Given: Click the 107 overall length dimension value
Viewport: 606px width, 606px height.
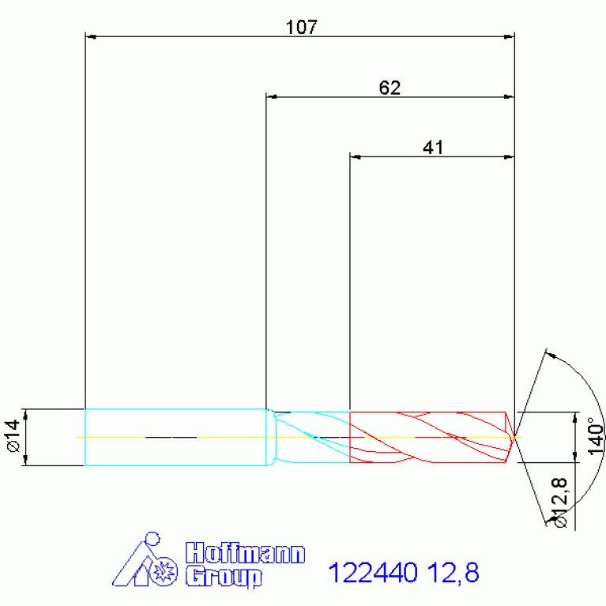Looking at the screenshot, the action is tap(302, 27).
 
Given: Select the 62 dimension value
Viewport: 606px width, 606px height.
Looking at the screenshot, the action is tap(390, 88).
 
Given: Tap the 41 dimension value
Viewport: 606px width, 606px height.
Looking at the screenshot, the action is tap(433, 148).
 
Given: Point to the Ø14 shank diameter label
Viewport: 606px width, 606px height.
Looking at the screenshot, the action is tap(13, 436).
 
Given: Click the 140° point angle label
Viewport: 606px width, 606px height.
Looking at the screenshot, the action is tap(596, 437).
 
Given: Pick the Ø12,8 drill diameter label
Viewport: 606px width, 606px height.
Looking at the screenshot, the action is tap(560, 502).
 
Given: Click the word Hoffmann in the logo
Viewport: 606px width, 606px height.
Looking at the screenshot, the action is tap(246, 552).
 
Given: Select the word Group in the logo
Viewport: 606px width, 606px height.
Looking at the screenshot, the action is tap(224, 576).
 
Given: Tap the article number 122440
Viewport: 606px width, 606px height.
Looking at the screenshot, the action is tap(373, 572).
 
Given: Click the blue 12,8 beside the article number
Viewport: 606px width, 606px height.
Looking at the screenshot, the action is tap(454, 572).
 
